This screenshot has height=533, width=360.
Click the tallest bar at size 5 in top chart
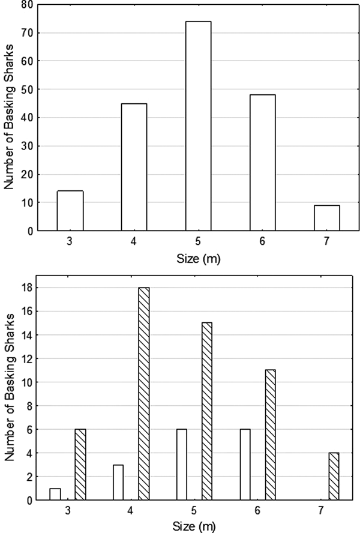pyautogui.click(x=198, y=126)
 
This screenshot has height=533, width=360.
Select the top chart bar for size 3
pyautogui.click(x=70, y=211)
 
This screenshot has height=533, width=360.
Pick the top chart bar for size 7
pyautogui.click(x=326, y=218)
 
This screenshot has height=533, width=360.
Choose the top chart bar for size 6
pyautogui.click(x=262, y=163)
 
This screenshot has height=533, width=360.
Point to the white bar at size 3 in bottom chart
pyautogui.click(x=55, y=493)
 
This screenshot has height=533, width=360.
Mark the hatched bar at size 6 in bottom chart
pyautogui.click(x=271, y=435)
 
